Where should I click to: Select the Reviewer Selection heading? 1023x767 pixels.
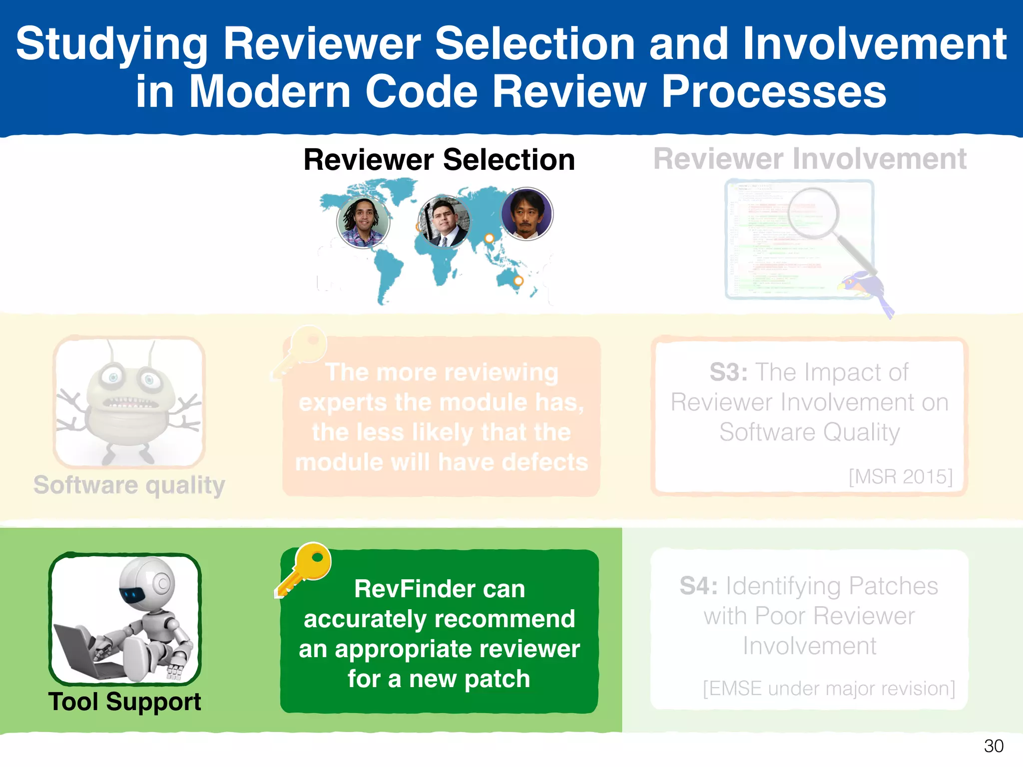tap(439, 160)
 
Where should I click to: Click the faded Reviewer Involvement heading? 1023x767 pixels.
tap(809, 159)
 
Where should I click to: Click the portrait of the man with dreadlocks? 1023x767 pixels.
tap(363, 221)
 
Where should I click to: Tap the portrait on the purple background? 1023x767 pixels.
tap(526, 214)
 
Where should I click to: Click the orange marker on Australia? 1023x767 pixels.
tap(518, 281)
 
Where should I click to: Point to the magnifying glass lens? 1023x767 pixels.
tap(813, 213)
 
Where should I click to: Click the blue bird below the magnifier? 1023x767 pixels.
tap(864, 288)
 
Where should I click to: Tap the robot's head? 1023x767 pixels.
tap(147, 582)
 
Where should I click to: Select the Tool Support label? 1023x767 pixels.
tap(125, 702)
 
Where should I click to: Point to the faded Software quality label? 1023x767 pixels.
tap(129, 485)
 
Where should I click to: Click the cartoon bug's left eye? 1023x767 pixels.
tap(113, 378)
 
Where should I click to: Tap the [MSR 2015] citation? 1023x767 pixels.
tap(901, 476)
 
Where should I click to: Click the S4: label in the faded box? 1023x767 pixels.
tap(698, 586)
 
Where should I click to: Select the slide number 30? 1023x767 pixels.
tap(993, 746)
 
